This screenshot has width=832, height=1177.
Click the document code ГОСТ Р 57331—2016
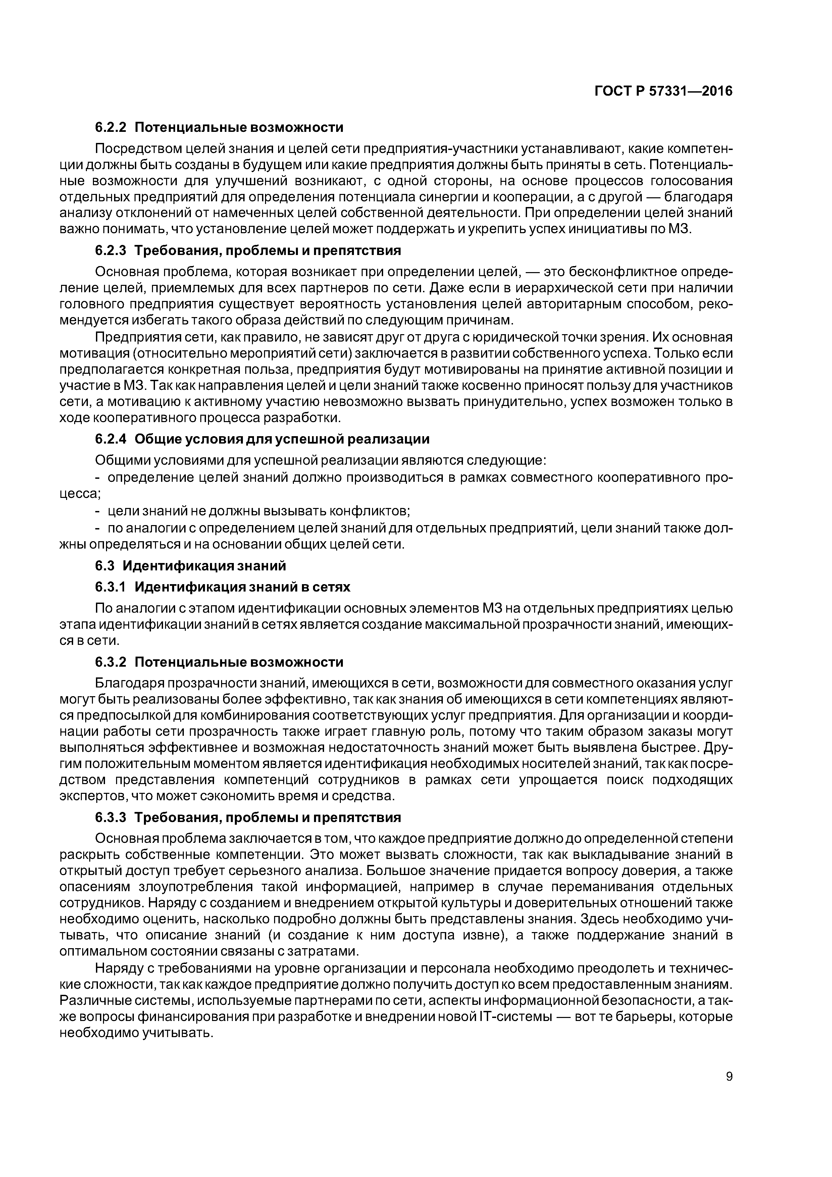tap(663, 91)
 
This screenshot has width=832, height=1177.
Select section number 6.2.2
tap(110, 127)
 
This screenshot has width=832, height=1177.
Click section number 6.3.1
tap(110, 586)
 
